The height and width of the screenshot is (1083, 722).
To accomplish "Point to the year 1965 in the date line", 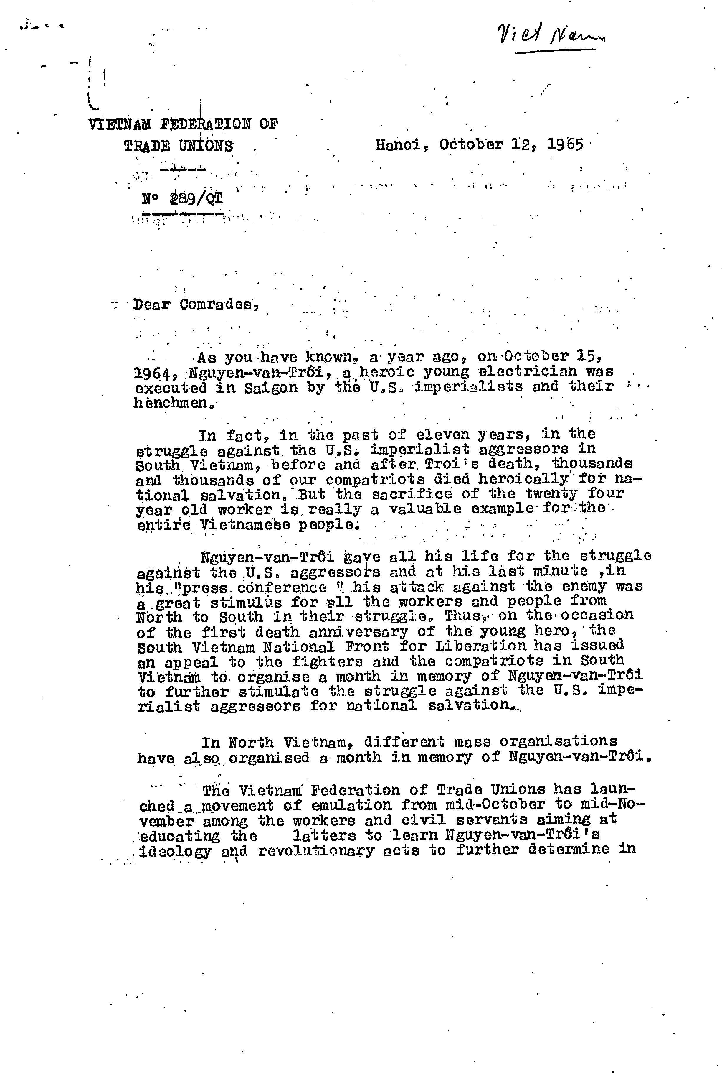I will (566, 145).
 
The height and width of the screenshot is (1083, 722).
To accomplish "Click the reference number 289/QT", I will (196, 199).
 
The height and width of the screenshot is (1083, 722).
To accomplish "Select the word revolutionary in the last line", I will (316, 850).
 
